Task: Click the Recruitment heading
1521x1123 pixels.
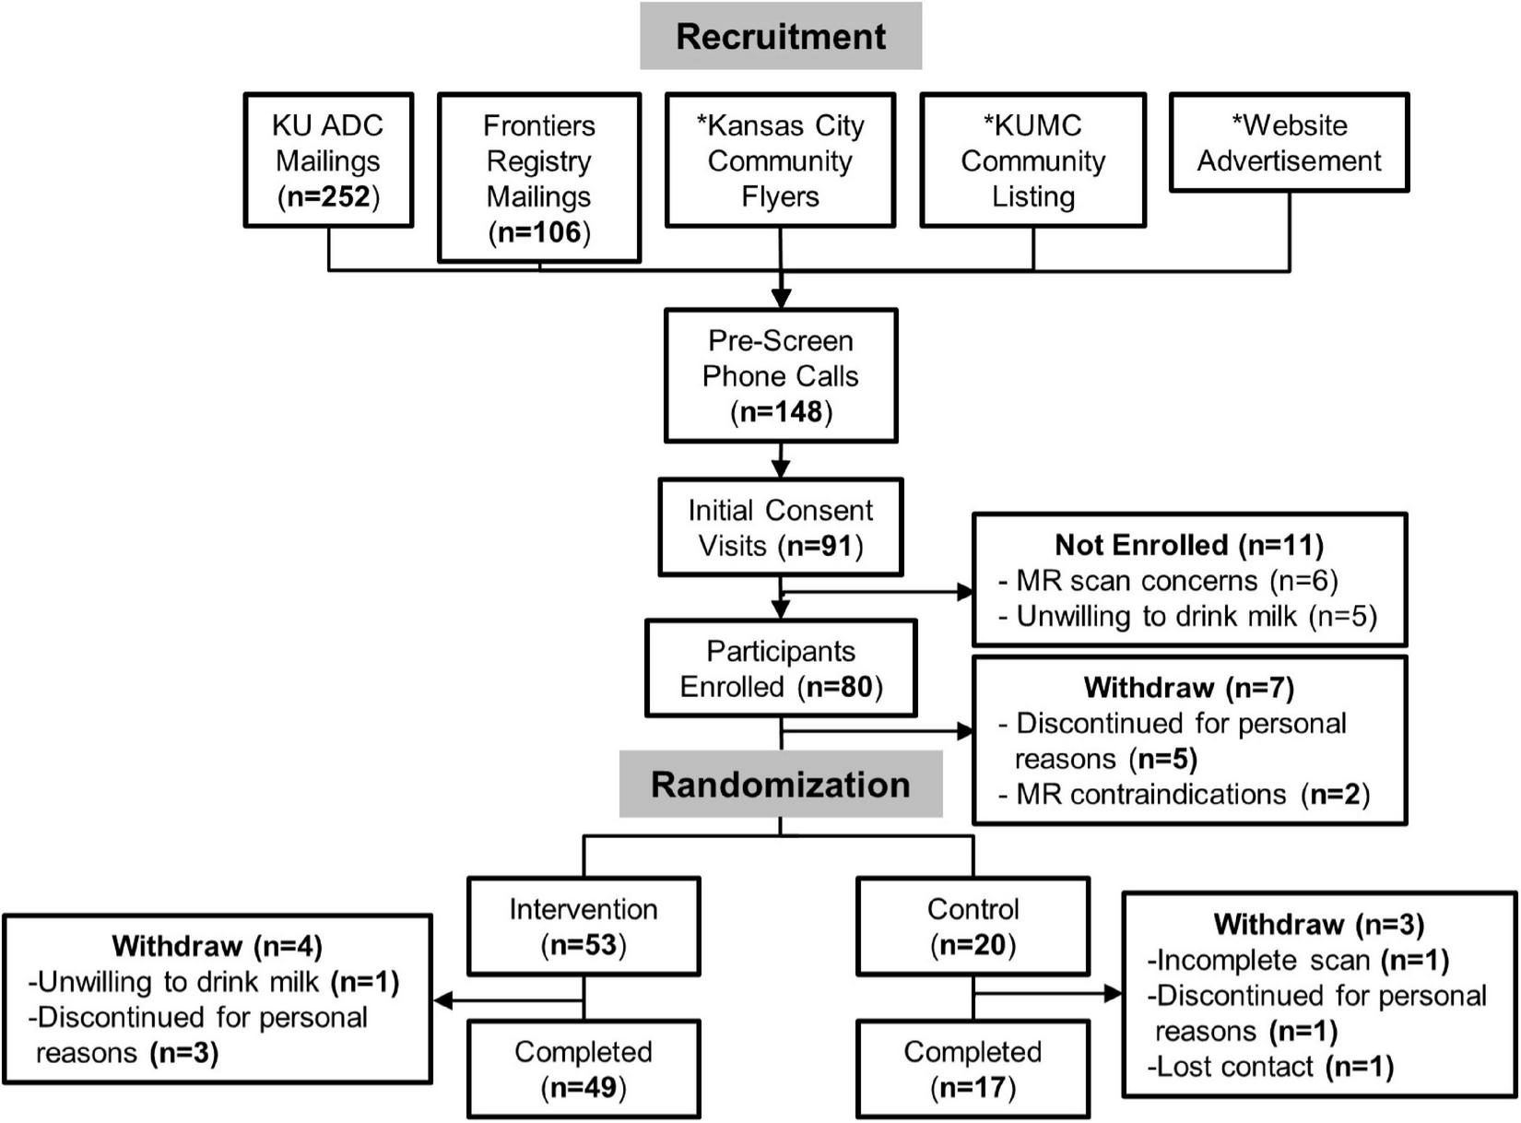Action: tap(781, 37)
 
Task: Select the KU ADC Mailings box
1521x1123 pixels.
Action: tap(328, 160)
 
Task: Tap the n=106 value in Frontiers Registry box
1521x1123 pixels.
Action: tap(539, 232)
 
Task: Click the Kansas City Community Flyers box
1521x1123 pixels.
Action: tap(780, 160)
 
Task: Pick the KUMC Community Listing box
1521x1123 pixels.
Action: tap(1032, 160)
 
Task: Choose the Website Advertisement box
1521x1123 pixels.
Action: tap(1289, 143)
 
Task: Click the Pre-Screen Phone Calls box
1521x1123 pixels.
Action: tap(781, 376)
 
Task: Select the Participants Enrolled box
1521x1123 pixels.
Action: tap(781, 668)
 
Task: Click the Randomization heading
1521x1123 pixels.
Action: tap(781, 785)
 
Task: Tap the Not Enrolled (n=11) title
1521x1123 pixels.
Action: tap(1189, 545)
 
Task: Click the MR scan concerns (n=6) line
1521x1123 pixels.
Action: tap(1169, 581)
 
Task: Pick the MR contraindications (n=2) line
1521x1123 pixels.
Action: tap(1185, 795)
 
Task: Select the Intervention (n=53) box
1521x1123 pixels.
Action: tap(584, 927)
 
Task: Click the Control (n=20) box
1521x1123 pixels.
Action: tap(973, 927)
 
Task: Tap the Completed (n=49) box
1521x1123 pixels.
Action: tap(584, 1070)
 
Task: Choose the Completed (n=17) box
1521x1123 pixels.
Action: tap(973, 1070)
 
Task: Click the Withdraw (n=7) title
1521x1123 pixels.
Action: tap(1189, 688)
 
